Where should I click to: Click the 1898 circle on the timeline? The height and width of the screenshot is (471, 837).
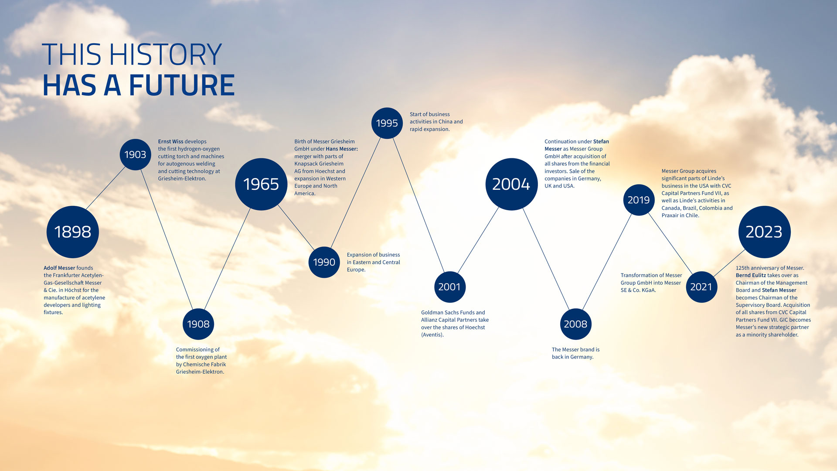(x=73, y=232)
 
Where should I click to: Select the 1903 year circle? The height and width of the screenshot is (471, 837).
(x=135, y=154)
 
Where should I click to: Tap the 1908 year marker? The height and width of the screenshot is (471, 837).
(x=198, y=324)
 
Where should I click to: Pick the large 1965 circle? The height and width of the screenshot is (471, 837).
(x=261, y=184)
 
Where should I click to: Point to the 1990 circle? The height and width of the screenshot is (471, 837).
(x=324, y=262)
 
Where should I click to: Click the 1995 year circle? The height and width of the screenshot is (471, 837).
(x=387, y=123)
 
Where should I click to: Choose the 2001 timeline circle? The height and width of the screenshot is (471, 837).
(x=449, y=287)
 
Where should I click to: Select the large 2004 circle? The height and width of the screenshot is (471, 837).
(x=511, y=184)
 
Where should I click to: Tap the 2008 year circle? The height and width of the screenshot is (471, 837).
(x=575, y=324)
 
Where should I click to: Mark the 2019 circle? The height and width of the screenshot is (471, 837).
(x=639, y=200)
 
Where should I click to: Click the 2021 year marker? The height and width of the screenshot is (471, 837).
(x=701, y=287)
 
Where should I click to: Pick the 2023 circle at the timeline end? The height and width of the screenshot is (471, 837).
(x=764, y=232)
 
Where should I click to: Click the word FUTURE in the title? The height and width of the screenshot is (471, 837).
(x=182, y=85)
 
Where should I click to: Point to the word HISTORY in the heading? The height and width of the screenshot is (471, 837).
(x=165, y=55)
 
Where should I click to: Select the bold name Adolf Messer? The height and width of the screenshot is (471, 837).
(x=59, y=268)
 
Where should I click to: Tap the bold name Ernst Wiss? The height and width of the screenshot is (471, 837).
(x=170, y=141)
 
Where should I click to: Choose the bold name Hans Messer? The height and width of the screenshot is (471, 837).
(x=341, y=149)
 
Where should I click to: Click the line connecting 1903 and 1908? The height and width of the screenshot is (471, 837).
(x=167, y=239)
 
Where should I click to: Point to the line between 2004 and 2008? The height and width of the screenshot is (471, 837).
(x=546, y=259)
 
